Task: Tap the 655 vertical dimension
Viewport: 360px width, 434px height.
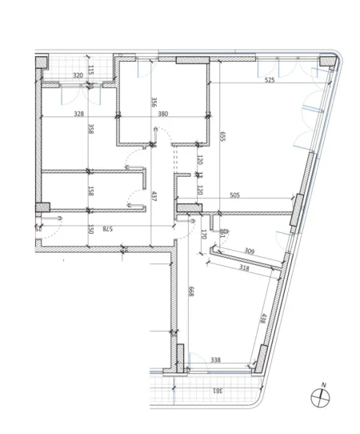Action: (222, 138)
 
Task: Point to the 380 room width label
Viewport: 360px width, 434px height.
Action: (163, 113)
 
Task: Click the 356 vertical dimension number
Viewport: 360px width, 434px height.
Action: (154, 103)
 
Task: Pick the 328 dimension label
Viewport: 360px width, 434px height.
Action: (78, 113)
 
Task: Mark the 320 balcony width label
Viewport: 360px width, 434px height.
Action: (78, 75)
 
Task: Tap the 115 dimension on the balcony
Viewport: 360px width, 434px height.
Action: (92, 70)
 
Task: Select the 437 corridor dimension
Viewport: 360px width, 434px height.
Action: (154, 197)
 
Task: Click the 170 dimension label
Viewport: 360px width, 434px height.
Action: (204, 235)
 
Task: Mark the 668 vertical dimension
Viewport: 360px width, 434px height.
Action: (190, 294)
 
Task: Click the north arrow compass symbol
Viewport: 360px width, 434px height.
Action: (322, 396)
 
